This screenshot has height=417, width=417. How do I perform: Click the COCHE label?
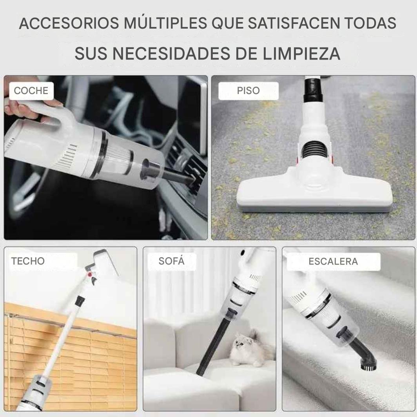pyautogui.click(x=31, y=91)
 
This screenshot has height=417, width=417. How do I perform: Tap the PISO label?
pyautogui.click(x=248, y=91)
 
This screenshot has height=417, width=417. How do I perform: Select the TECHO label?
pyautogui.click(x=28, y=261)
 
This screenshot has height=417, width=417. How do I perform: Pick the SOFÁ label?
pyautogui.click(x=172, y=261)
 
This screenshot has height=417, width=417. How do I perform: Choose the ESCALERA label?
pyautogui.click(x=333, y=261)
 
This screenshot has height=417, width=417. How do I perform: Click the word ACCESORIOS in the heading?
pyautogui.click(x=69, y=23)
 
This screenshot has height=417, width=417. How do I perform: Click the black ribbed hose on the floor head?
pyautogui.click(x=315, y=152)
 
